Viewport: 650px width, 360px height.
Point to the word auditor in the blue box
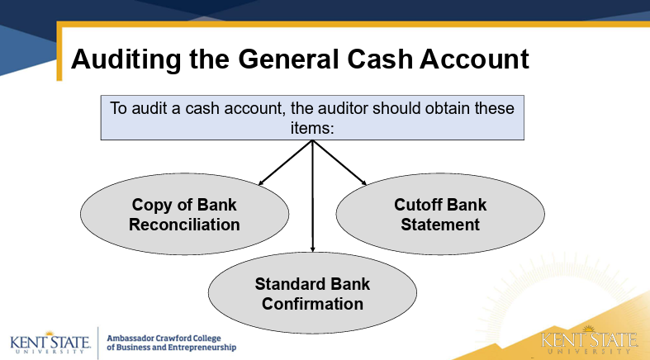click(x=344, y=109)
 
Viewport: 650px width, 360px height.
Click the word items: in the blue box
click(x=313, y=128)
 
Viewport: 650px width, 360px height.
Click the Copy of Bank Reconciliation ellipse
click(x=184, y=215)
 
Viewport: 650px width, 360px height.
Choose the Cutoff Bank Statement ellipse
click(x=439, y=215)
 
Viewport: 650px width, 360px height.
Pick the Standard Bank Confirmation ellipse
click(x=312, y=294)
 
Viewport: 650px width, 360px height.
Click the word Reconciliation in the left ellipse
click(x=184, y=225)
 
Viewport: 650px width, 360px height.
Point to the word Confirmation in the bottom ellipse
click(x=312, y=304)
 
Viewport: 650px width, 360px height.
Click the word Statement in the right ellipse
click(x=439, y=225)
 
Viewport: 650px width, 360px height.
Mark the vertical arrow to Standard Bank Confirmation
click(x=313, y=198)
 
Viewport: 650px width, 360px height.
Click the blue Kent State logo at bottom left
click(x=48, y=342)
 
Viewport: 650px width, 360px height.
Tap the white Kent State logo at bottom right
click(x=589, y=342)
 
